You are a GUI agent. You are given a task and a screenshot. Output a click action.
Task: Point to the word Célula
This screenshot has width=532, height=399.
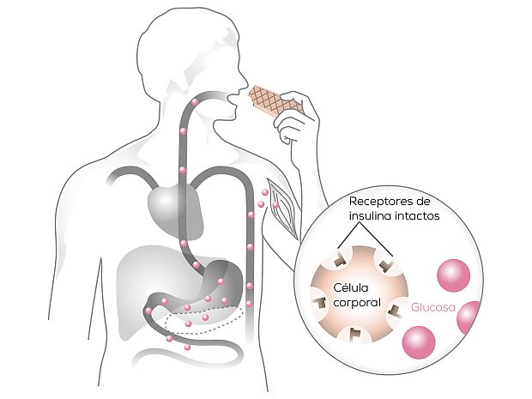click(x=351, y=287)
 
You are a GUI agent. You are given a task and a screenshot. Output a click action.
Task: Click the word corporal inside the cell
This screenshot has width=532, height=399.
click(x=350, y=302)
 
